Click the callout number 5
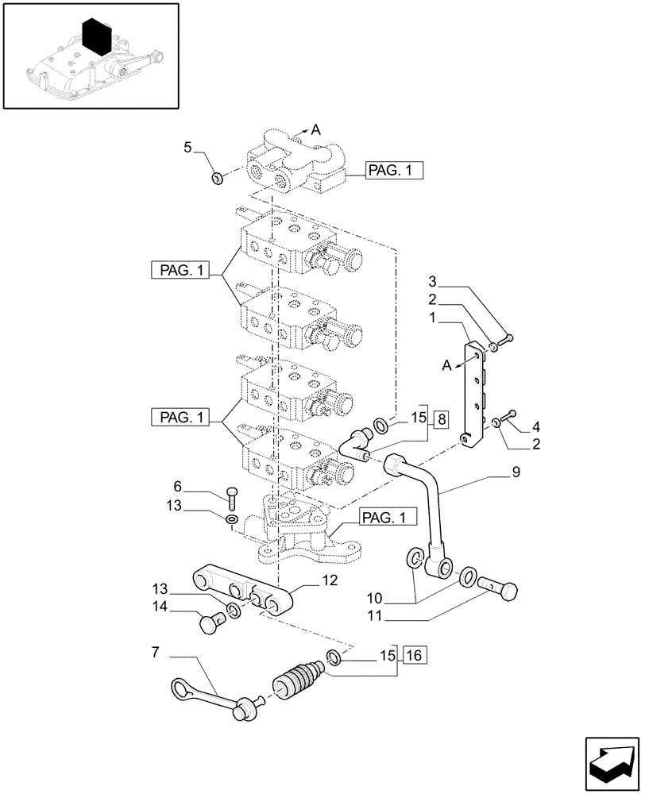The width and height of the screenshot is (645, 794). (187, 147)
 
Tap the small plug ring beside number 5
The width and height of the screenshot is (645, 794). (216, 175)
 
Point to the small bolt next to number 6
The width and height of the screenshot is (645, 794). (231, 497)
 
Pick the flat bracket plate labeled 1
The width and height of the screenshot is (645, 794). (476, 395)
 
